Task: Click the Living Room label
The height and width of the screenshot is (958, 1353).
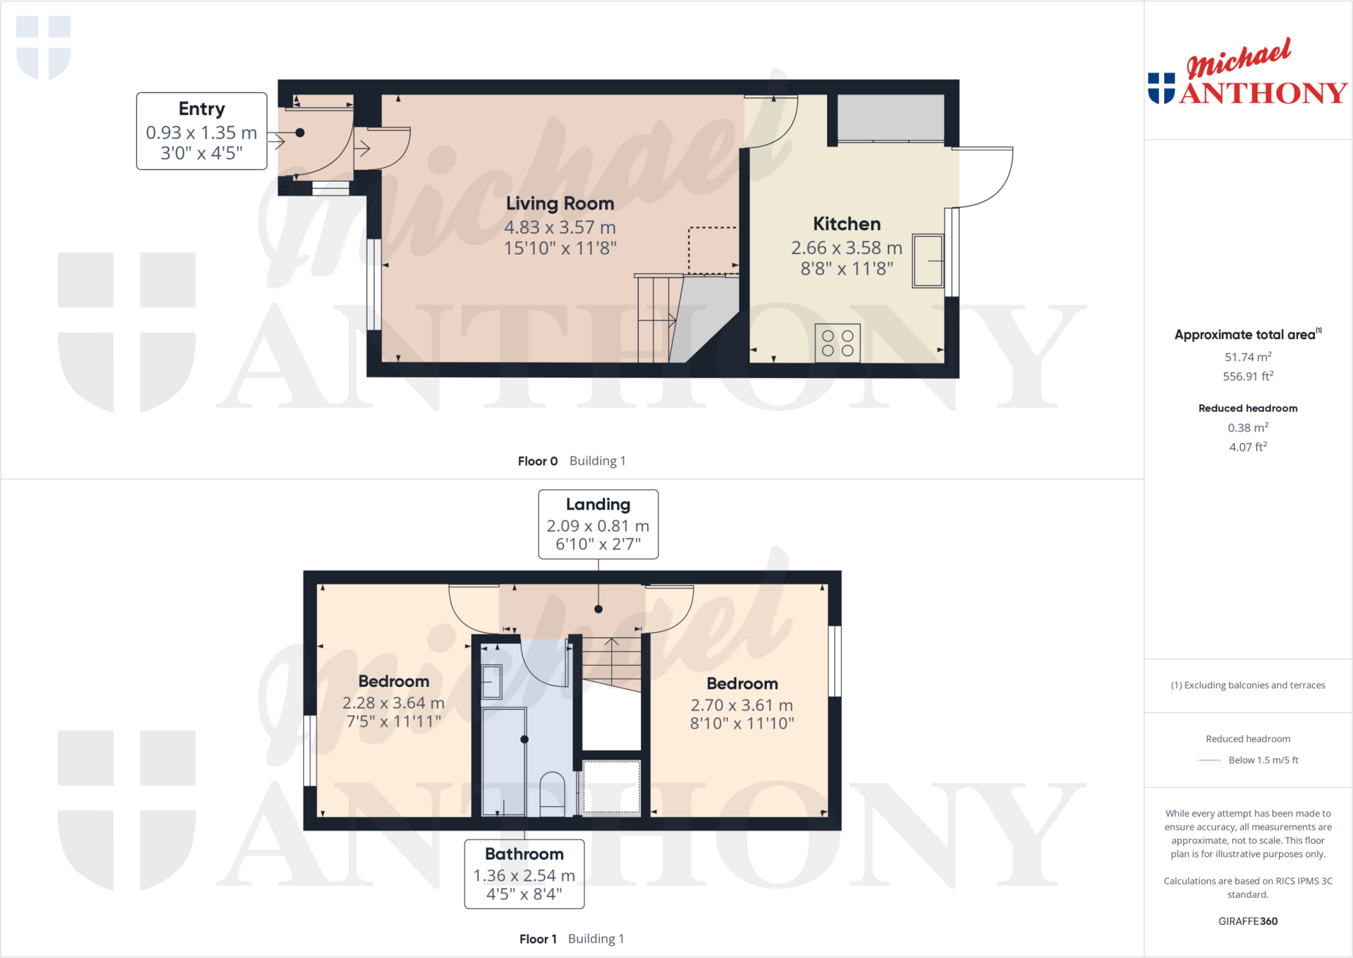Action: click(x=560, y=204)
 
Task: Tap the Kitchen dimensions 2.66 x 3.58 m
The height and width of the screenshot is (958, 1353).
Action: click(x=846, y=248)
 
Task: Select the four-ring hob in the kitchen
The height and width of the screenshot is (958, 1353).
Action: click(x=837, y=343)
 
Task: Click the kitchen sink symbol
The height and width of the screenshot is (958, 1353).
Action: click(x=928, y=260)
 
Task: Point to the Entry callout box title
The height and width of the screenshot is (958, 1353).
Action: click(x=201, y=109)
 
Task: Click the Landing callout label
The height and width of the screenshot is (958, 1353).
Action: click(x=598, y=504)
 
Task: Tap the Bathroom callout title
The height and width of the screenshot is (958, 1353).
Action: click(x=524, y=854)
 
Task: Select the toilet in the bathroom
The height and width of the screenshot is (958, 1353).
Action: click(x=552, y=793)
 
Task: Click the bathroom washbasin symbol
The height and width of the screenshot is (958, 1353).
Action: click(x=492, y=682)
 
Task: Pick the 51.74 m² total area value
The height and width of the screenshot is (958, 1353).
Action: click(x=1247, y=357)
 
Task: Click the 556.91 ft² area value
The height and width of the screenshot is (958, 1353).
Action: click(x=1247, y=376)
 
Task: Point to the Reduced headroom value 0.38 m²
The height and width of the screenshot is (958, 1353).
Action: click(x=1247, y=428)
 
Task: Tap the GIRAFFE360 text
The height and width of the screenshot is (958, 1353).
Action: click(x=1247, y=921)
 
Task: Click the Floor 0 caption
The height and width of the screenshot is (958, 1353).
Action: click(x=538, y=461)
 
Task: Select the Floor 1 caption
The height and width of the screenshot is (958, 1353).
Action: click(x=538, y=939)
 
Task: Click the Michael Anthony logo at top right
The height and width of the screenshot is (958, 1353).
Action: click(x=1247, y=73)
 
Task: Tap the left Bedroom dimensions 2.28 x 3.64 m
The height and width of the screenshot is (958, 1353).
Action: click(x=393, y=703)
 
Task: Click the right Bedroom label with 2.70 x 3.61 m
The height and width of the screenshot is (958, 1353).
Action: click(x=742, y=684)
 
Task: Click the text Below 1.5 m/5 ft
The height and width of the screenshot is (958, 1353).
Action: click(x=1262, y=760)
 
